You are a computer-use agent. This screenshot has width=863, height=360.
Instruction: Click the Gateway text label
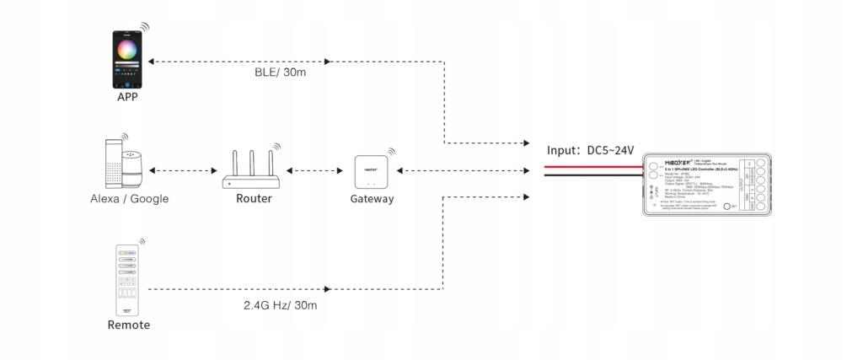pos(372,200)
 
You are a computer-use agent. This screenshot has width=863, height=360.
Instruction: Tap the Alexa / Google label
pos(130,200)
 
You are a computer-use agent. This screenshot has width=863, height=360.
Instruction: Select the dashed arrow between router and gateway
pos(312,171)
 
